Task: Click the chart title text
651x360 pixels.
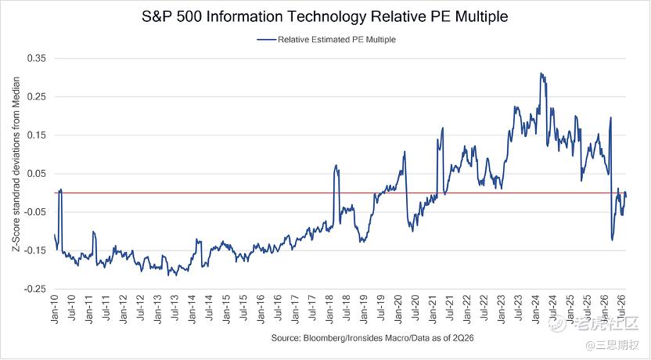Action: click(325, 16)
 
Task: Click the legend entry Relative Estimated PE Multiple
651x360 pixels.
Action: click(326, 39)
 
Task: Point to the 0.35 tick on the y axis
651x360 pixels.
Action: click(37, 58)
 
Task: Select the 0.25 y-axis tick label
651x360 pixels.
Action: click(37, 97)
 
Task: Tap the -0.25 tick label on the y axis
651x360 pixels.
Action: click(35, 290)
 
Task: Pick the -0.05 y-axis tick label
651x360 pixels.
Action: click(35, 212)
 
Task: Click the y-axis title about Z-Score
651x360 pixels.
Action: click(16, 164)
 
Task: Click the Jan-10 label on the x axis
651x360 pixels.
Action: click(55, 309)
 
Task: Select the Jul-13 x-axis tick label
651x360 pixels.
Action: click(175, 308)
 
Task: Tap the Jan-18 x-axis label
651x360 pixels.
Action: click(330, 309)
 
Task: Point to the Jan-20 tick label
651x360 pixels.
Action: click(399, 309)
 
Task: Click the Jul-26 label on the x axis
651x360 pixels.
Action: click(622, 308)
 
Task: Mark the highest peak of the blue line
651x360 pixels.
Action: click(541, 73)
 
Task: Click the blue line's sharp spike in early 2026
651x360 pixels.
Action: click(611, 117)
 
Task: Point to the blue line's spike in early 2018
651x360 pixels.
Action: click(336, 165)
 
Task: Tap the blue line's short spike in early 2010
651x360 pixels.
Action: click(60, 189)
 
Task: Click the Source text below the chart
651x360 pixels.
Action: click(372, 337)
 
